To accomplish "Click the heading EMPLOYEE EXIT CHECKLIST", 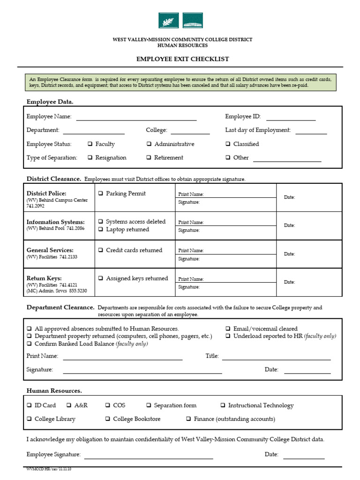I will (182, 59).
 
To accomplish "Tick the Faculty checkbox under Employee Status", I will (90, 144).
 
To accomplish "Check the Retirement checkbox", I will (149, 158).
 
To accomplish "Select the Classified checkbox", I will (228, 144).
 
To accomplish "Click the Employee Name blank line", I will (136, 117).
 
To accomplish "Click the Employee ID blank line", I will (291, 117).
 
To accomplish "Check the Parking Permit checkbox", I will (101, 194).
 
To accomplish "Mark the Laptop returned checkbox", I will (101, 230).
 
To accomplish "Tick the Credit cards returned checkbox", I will (101, 250).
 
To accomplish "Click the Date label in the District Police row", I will (289, 197).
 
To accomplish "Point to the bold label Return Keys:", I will (44, 278).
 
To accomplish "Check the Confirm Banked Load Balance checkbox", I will (29, 344).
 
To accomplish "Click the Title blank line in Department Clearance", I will (276, 357).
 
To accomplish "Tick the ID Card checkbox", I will (29, 405).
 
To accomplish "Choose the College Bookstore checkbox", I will (108, 419).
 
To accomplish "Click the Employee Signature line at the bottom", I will (148, 455).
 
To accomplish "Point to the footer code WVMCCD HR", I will (52, 469).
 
